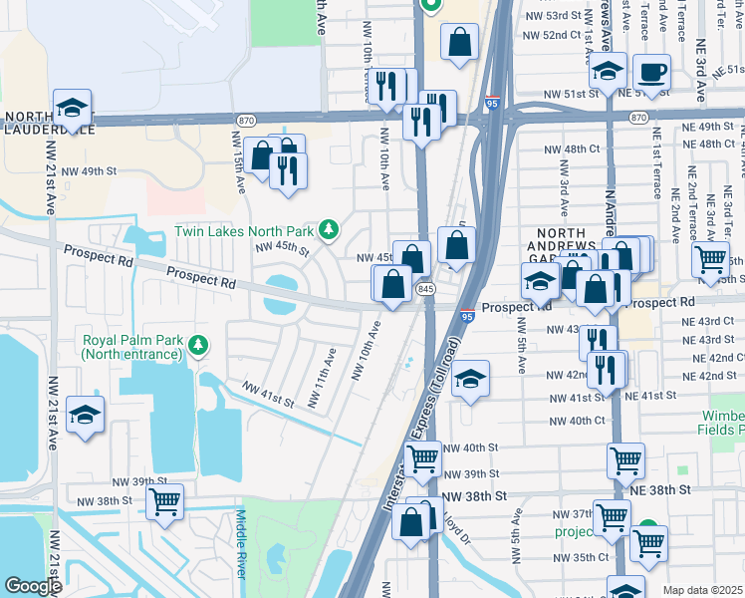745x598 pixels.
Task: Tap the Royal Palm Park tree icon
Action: pyautogui.click(x=199, y=345)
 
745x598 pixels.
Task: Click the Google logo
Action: pyautogui.click(x=32, y=586)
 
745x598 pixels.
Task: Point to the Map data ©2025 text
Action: pyautogui.click(x=702, y=590)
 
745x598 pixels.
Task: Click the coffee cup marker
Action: pyautogui.click(x=651, y=73)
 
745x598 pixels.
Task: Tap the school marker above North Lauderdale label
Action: pyautogui.click(x=72, y=107)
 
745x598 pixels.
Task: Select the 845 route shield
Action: pyautogui.click(x=426, y=288)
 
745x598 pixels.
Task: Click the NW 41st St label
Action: pyautogui.click(x=268, y=395)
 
